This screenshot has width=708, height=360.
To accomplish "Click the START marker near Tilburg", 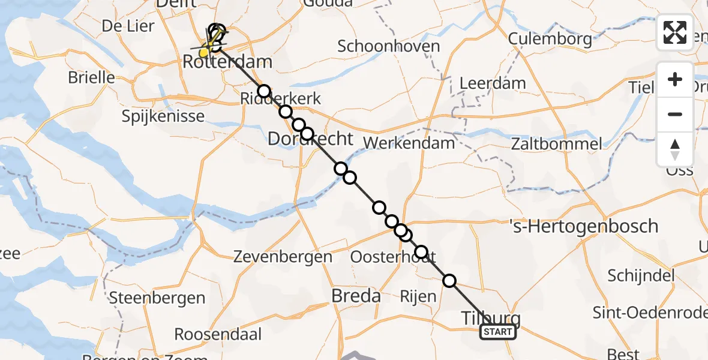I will coord(497,332).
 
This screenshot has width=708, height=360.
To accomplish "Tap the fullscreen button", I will coord(675,32).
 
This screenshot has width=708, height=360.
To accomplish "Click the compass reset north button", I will coord(675,149).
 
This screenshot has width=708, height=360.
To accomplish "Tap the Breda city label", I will coord(357,296).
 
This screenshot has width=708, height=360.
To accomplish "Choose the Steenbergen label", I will coord(157,298).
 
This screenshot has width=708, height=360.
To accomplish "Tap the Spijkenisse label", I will coord(163,115).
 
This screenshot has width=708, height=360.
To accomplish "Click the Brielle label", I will coord(91,77).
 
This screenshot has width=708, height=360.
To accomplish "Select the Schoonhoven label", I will coord(388,46).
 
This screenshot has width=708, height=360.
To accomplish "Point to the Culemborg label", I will coord(550,39).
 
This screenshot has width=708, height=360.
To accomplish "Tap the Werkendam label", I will coord(409,143).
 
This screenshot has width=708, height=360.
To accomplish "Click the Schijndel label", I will coord(641,275).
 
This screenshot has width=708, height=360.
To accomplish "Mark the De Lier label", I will coord(128,26).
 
